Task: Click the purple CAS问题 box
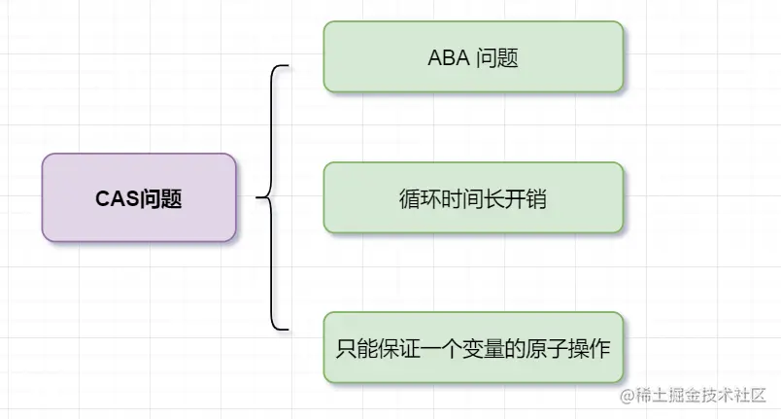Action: click(139, 197)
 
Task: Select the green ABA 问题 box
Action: click(472, 57)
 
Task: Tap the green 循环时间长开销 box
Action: click(472, 197)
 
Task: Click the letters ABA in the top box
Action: click(447, 57)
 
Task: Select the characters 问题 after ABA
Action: click(497, 57)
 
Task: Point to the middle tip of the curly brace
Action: click(258, 197)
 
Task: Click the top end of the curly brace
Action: click(288, 67)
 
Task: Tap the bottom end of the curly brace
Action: click(288, 328)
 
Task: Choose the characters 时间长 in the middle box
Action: click(472, 198)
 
